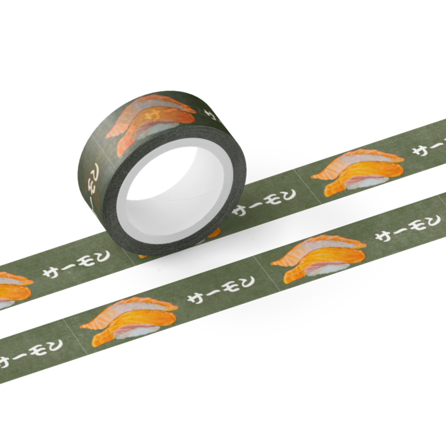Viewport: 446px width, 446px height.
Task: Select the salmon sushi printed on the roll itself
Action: tap(151, 122)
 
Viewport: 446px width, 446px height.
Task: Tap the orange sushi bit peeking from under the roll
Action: tap(214, 233)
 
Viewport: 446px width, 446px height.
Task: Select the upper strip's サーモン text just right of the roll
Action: tap(264, 202)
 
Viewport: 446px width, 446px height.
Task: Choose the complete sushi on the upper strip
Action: tap(358, 172)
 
